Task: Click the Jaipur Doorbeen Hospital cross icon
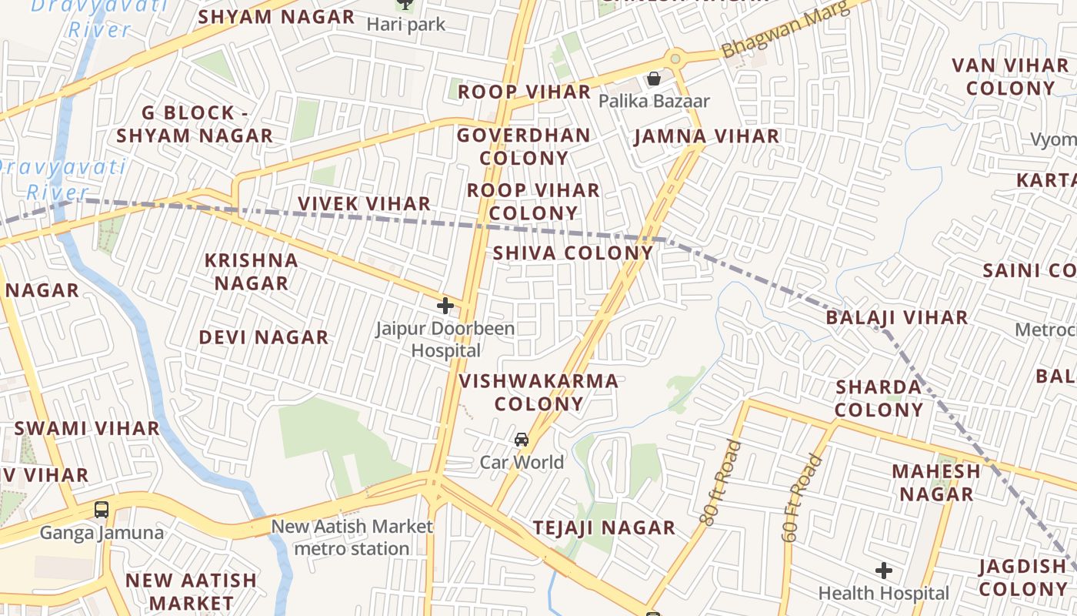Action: [445, 306]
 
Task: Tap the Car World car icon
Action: [522, 440]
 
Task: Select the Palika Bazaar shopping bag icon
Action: [653, 79]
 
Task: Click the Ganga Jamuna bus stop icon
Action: [102, 509]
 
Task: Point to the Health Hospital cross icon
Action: [884, 571]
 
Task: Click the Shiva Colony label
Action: [573, 253]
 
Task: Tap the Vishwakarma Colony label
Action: [538, 392]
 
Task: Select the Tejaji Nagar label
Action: [605, 527]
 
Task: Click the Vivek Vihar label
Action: [364, 203]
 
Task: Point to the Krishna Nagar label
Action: [252, 271]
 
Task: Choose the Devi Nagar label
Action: [264, 337]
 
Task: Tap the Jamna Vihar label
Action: [707, 136]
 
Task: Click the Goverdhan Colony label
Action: [524, 146]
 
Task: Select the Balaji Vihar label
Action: [897, 317]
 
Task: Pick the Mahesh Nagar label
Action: [936, 481]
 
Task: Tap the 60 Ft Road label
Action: [801, 497]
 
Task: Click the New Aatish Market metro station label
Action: [352, 537]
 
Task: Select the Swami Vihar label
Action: [87, 428]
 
